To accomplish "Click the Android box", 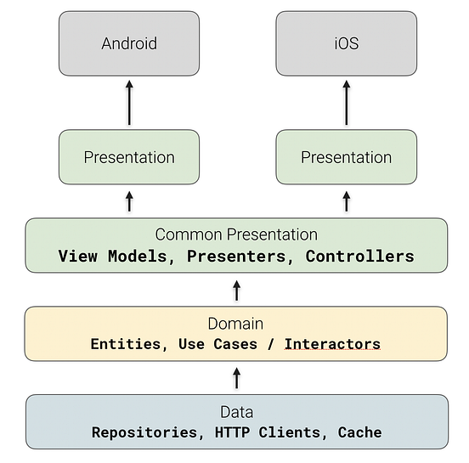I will pyautogui.click(x=129, y=43).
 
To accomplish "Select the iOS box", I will pyautogui.click(x=347, y=43).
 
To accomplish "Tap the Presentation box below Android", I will pyautogui.click(x=129, y=157).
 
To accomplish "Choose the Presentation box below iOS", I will pyautogui.click(x=347, y=157).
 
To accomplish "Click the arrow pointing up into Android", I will pyautogui.click(x=129, y=103).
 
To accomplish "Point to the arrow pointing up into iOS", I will pyautogui.click(x=347, y=103).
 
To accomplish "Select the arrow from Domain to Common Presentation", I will pyautogui.click(x=236, y=291).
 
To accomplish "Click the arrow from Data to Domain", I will pyautogui.click(x=236, y=377).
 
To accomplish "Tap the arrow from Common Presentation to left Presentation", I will pyautogui.click(x=129, y=201).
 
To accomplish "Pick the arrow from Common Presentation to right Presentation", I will pyautogui.click(x=347, y=201).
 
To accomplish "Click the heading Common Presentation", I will pyautogui.click(x=236, y=234).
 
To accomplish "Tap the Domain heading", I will pyautogui.click(x=236, y=324).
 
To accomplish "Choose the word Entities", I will pyautogui.click(x=127, y=344).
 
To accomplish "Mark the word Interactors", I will pyautogui.click(x=332, y=344).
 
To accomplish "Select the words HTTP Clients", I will pyautogui.click(x=268, y=432).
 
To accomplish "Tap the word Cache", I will pyautogui.click(x=359, y=432).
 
